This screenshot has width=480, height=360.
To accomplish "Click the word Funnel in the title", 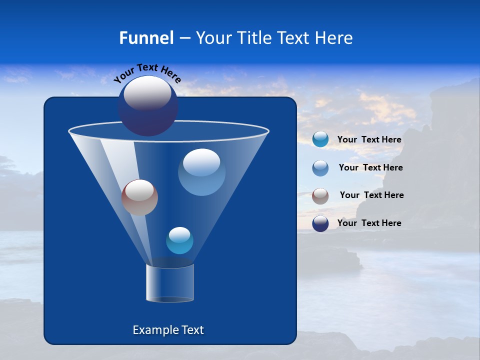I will click(146, 37).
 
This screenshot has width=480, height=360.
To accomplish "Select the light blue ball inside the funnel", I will click(201, 172).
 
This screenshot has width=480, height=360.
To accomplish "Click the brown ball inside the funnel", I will click(139, 197).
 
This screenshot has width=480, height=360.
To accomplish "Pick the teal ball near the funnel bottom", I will click(179, 240).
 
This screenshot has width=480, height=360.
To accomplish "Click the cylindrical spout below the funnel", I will click(170, 282).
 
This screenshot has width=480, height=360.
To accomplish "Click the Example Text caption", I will click(168, 330).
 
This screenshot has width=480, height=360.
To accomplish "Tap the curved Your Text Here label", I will click(147, 73).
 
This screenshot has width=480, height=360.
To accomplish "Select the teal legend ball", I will click(320, 139).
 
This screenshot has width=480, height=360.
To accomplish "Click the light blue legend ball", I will click(320, 167).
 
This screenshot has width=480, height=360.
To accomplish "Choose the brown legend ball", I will click(320, 195).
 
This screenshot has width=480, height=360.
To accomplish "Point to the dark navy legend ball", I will click(320, 223).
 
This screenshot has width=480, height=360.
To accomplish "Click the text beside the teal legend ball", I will click(369, 139).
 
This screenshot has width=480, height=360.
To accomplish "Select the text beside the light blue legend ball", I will click(370, 167).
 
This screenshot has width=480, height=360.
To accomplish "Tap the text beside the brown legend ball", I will click(371, 195).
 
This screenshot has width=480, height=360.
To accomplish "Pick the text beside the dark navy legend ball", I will click(369, 223).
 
